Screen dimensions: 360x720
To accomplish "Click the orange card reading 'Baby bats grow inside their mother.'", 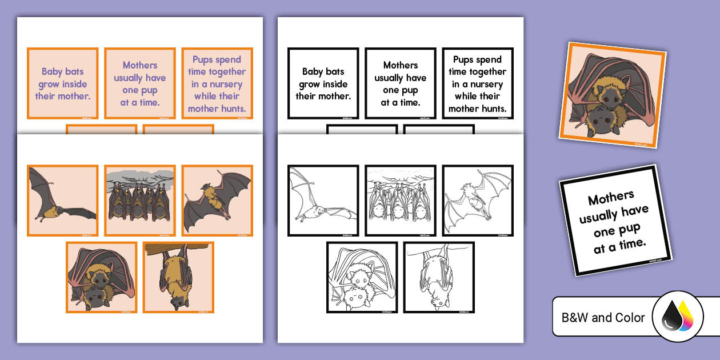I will (x=62, y=83).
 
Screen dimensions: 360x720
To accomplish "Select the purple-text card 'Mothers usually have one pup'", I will (x=139, y=83).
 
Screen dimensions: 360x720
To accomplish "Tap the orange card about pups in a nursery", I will (x=217, y=83).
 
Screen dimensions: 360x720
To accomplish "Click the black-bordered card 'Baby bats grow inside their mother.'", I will (x=323, y=83).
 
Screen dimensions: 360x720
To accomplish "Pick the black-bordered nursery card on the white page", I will (x=478, y=83).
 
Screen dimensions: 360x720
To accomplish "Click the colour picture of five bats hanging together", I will (x=139, y=201).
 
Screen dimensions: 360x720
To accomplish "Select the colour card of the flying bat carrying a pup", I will (x=217, y=201).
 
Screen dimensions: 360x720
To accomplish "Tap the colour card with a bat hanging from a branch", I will (x=178, y=277).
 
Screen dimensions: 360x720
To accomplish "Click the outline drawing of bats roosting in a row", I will (x=401, y=201).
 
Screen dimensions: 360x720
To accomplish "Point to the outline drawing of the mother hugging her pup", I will (x=362, y=277).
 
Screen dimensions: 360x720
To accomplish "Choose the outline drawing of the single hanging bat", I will (x=439, y=277).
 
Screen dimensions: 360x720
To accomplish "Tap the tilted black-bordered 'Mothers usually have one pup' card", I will (x=615, y=220).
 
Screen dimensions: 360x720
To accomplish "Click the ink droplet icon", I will (x=677, y=317).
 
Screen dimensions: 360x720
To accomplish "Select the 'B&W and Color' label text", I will (x=603, y=318).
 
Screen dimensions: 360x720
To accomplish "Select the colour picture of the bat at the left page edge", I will (x=62, y=201).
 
